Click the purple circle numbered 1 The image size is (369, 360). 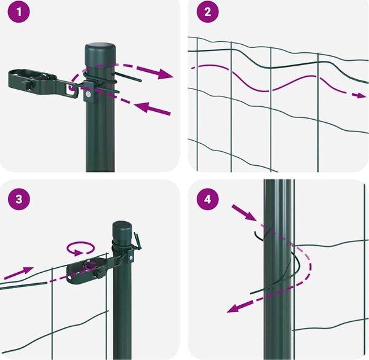[x=19, y=12]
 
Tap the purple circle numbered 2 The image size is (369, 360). [x=208, y=12]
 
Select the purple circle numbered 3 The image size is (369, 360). [x=19, y=200]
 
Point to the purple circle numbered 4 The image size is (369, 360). [x=208, y=200]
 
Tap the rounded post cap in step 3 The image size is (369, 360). [x=122, y=230]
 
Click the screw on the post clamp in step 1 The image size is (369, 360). [x=89, y=94]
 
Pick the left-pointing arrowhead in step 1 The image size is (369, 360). [x=143, y=108]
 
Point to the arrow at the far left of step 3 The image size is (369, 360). [x=19, y=273]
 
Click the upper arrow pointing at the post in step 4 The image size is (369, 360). [x=244, y=213]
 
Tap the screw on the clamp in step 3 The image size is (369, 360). [x=130, y=258]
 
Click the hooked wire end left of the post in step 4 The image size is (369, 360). [x=259, y=236]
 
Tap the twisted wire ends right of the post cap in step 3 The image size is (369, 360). [x=138, y=241]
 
